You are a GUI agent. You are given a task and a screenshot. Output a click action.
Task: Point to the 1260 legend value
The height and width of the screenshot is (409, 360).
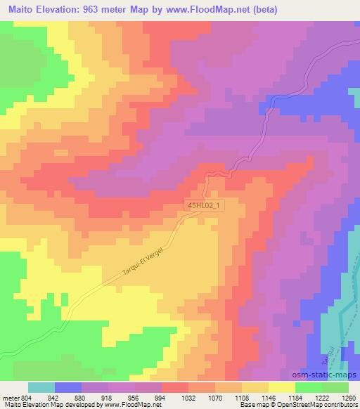click(x=349, y=398)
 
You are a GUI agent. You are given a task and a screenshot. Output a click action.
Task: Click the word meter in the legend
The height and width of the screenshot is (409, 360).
click(x=10, y=398)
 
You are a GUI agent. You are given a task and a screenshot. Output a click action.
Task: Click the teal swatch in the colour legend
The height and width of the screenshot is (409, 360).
click(x=41, y=387)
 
